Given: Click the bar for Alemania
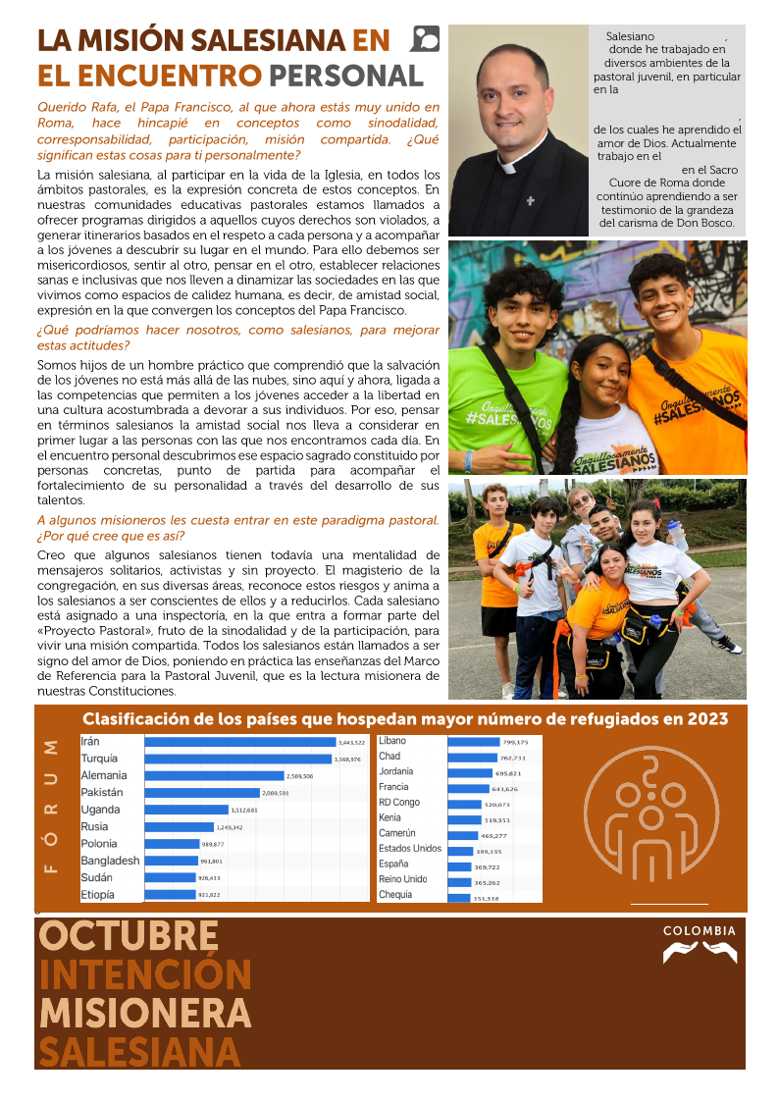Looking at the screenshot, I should pos(214,775).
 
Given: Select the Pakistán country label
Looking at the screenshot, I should pos(101,792).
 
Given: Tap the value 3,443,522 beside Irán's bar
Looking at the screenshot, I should pos(350,742).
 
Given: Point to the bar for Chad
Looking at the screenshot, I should pos(472,758).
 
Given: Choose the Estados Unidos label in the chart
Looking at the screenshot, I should pos(410,848).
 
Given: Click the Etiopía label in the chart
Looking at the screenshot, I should pos(97,894).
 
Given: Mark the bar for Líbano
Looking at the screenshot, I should pos(474,742).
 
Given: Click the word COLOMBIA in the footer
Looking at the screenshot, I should pos(699,930).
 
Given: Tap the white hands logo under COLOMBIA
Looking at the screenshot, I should pos(699,952).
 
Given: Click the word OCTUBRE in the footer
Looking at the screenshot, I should pos(129,936).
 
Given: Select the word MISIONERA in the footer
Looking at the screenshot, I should pos(144,1013).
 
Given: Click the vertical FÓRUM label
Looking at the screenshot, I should pos(53,804).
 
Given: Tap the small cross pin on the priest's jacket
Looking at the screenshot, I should pos(530,200).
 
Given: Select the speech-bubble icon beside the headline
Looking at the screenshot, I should pos(427,38).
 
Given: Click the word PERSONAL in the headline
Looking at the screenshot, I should pos(345,76).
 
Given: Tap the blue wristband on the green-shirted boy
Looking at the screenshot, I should pos(469,458).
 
